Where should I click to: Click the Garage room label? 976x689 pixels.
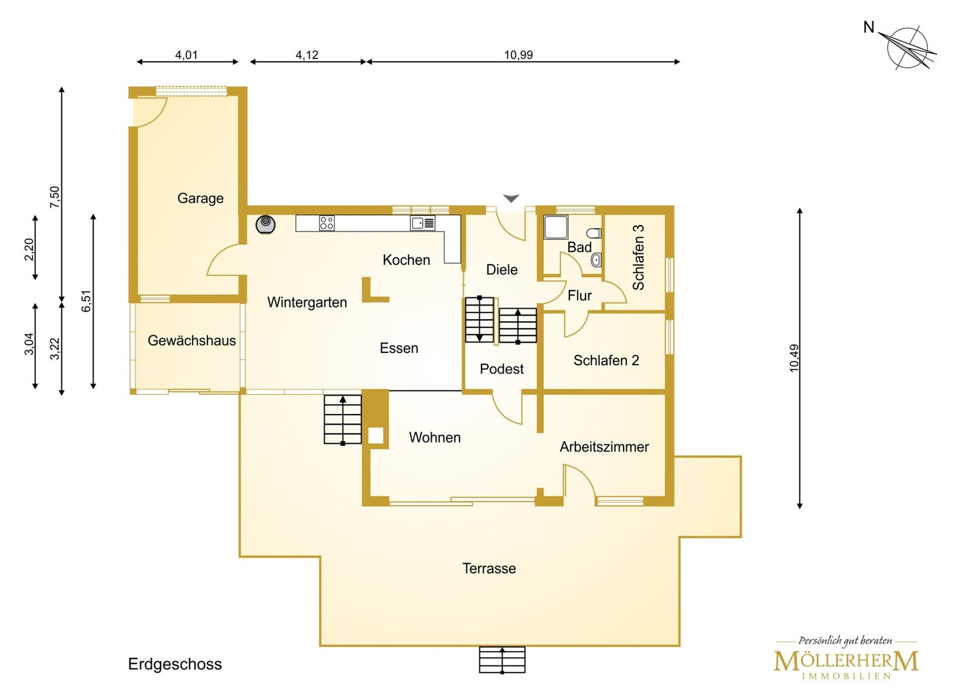click(201, 199)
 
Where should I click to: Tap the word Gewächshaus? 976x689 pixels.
click(192, 340)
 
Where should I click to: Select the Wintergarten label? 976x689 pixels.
click(307, 302)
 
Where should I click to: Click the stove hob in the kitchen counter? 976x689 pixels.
click(327, 223)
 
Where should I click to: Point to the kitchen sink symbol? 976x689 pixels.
click(423, 223)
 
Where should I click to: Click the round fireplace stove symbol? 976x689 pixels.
click(266, 225)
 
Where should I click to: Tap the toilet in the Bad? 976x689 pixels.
click(594, 233)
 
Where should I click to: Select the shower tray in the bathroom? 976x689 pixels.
click(556, 227)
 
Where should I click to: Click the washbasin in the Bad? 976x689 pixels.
click(596, 260)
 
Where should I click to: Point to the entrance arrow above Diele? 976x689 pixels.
click(511, 199)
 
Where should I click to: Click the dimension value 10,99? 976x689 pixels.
click(518, 55)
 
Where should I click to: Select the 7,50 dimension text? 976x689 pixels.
click(56, 197)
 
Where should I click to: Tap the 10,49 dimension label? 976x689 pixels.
click(794, 358)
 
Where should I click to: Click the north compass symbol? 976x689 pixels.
click(907, 48)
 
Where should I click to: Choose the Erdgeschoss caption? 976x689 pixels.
click(175, 664)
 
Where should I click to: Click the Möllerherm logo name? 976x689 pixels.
click(846, 662)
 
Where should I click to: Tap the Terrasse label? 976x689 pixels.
click(489, 568)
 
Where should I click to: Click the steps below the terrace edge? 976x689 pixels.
click(502, 659)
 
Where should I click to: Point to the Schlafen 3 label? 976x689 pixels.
click(638, 257)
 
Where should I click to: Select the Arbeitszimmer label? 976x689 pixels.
click(605, 447)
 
